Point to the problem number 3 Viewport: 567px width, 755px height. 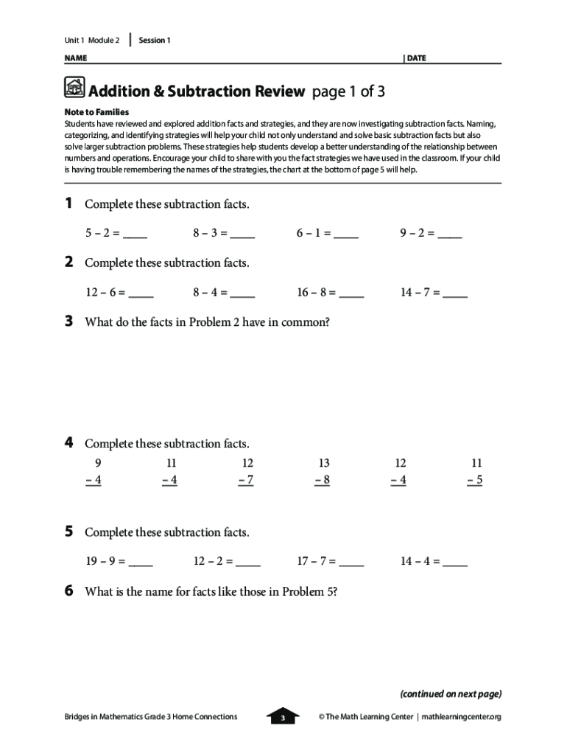pyautogui.click(x=68, y=321)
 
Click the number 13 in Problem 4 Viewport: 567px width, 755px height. pyautogui.click(x=324, y=463)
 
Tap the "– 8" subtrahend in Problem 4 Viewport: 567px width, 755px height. pyautogui.click(x=323, y=481)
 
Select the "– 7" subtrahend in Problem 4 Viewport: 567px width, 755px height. pyautogui.click(x=247, y=481)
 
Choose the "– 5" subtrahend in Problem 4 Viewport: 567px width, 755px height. pyautogui.click(x=475, y=481)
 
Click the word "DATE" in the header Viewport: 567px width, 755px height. pyautogui.click(x=416, y=58)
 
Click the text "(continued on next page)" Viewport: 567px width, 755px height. pyautogui.click(x=451, y=694)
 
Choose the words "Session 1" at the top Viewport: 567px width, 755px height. pyautogui.click(x=155, y=41)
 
